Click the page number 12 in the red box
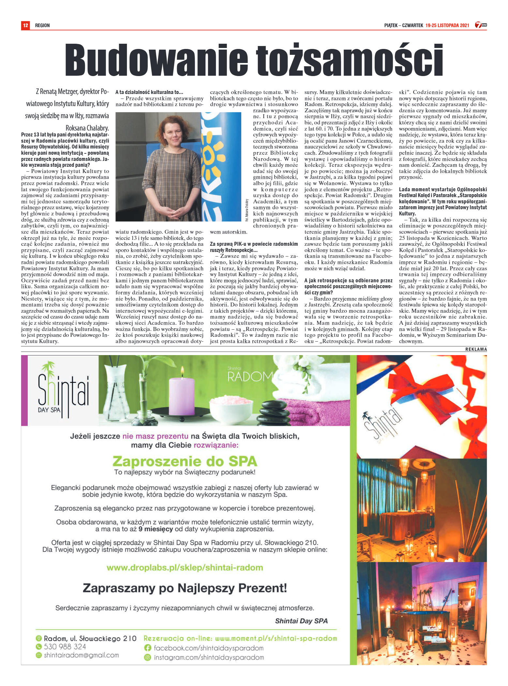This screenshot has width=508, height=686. [x=25, y=25]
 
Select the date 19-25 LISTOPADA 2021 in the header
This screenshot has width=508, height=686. [x=447, y=25]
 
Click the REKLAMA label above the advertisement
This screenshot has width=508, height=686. [x=476, y=349]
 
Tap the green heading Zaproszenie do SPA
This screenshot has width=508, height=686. [x=185, y=461]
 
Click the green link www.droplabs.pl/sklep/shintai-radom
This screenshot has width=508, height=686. [x=185, y=568]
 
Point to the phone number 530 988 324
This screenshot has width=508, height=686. [x=65, y=647]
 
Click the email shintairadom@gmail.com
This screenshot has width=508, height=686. [x=81, y=655]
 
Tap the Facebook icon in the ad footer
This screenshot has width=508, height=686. [x=147, y=648]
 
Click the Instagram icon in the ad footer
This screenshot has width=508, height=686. [x=147, y=658]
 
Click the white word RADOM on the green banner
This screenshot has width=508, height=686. [x=249, y=377]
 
